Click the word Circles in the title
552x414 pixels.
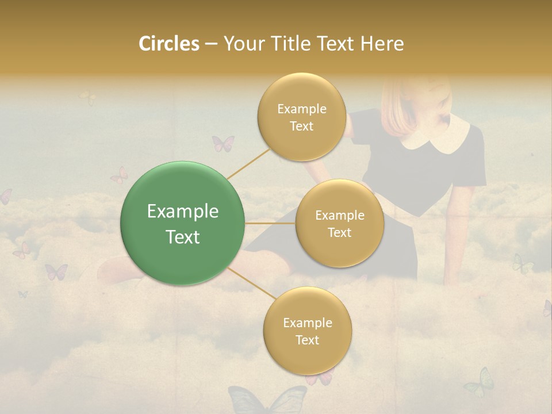pyautogui.click(x=169, y=44)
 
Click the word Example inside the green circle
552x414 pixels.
pyautogui.click(x=183, y=212)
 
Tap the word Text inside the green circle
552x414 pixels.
pyautogui.click(x=183, y=237)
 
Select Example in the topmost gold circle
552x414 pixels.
pyautogui.click(x=302, y=109)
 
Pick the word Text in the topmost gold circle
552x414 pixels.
pyautogui.click(x=302, y=126)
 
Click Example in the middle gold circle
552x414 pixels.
pyautogui.click(x=340, y=216)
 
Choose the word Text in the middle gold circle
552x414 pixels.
pyautogui.click(x=340, y=232)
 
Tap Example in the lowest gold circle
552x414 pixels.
pyautogui.click(x=308, y=323)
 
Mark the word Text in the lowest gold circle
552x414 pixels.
pyautogui.click(x=308, y=340)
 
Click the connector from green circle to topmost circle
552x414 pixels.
pyautogui.click(x=248, y=163)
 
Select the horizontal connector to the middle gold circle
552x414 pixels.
pyautogui.click(x=270, y=223)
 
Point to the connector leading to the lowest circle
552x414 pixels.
pyautogui.click(x=250, y=285)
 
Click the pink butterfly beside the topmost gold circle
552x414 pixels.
pyautogui.click(x=223, y=143)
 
